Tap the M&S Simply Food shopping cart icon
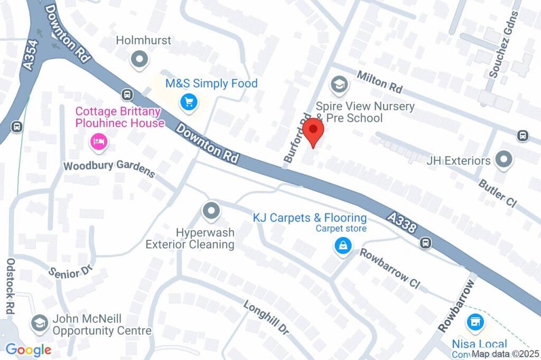point(188,102)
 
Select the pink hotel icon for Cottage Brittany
point(99,141)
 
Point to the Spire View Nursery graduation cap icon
point(338,83)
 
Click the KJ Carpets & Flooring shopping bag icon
point(343,245)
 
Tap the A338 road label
point(403,222)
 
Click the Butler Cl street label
point(497,193)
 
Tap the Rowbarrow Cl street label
point(389,268)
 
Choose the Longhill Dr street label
point(266,318)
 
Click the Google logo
point(28,349)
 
